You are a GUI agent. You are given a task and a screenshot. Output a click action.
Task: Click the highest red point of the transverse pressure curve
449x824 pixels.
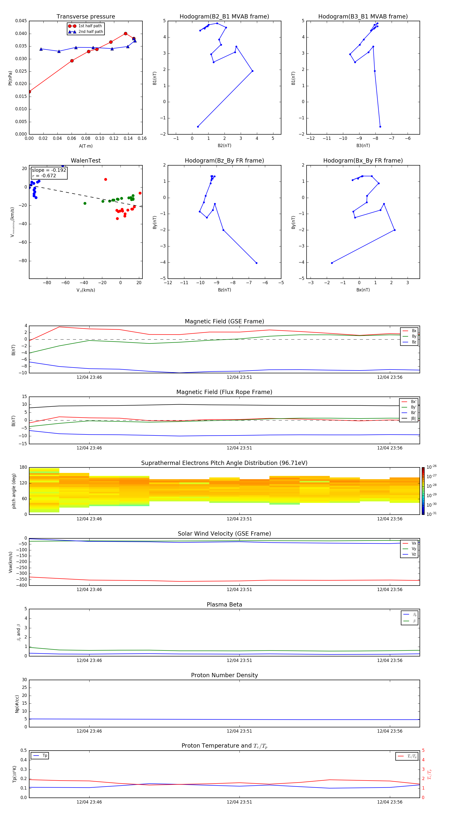tap(125, 34)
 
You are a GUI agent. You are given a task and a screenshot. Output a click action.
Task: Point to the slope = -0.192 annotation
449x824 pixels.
tap(49, 170)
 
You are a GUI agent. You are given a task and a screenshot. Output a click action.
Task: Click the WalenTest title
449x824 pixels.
tap(86, 161)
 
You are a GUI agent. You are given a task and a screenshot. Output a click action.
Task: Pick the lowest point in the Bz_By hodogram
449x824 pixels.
tap(256, 263)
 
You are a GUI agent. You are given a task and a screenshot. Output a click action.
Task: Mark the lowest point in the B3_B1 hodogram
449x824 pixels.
tap(380, 127)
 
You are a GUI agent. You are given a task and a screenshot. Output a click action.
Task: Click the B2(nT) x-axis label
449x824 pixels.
tap(224, 146)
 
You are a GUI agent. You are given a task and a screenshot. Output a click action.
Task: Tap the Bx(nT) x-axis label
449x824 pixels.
tap(363, 290)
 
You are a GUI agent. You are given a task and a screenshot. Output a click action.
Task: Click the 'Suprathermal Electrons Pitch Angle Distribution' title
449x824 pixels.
tap(224, 463)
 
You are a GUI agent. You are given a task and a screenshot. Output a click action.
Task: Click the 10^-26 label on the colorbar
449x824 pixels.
tap(432, 467)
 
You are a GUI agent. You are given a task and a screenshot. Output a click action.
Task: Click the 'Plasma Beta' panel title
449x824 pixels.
tap(224, 605)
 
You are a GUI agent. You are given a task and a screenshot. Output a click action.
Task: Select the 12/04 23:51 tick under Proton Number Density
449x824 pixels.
tap(239, 731)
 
